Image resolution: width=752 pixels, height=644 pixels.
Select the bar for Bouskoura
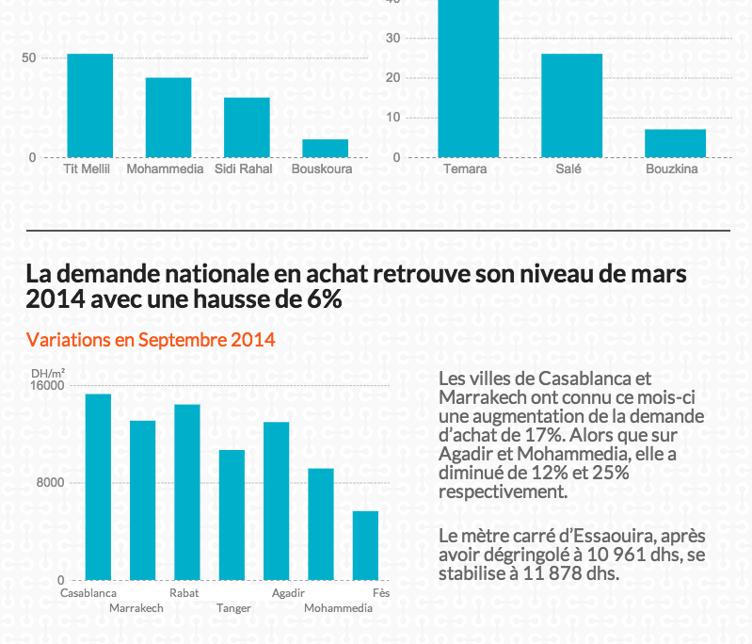pyautogui.click(x=325, y=148)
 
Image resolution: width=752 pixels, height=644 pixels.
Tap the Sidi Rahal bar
pyautogui.click(x=247, y=127)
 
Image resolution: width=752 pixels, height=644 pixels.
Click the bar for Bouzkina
pyautogui.click(x=675, y=143)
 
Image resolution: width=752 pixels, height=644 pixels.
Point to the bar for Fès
pyautogui.click(x=365, y=545)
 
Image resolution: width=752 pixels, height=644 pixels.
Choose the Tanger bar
pyautogui.click(x=232, y=515)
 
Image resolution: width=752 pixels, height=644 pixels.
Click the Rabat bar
pyautogui.click(x=187, y=491)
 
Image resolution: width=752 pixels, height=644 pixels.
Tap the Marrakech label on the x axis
pyautogui.click(x=136, y=608)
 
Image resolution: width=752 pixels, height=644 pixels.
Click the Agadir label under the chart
pyautogui.click(x=287, y=593)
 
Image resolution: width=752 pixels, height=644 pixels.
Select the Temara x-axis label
pyautogui.click(x=465, y=169)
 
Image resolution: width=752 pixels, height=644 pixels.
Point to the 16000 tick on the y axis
pyautogui.click(x=47, y=385)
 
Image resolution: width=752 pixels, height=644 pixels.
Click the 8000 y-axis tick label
pyautogui.click(x=50, y=483)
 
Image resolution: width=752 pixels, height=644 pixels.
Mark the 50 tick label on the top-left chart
pyautogui.click(x=29, y=58)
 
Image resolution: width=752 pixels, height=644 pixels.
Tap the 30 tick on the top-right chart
pyautogui.click(x=393, y=38)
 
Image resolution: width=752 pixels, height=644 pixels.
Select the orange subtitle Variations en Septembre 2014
pyautogui.click(x=151, y=340)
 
